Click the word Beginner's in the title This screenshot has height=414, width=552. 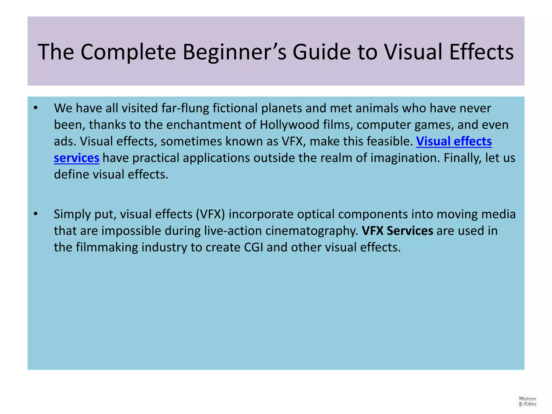(234, 52)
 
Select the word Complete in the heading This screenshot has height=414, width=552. (128, 52)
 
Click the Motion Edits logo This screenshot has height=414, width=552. (527, 401)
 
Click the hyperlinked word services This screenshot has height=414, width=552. (77, 158)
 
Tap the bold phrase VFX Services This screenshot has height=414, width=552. (397, 231)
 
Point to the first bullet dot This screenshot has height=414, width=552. (36, 108)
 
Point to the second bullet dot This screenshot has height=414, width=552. (36, 214)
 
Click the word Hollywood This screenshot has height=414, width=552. (289, 125)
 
